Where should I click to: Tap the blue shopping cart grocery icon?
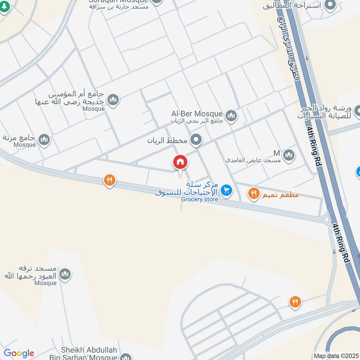point(226,191)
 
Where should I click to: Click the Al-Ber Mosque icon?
point(231,117)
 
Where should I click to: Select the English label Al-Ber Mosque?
point(197,113)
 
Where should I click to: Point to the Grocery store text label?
point(200,199)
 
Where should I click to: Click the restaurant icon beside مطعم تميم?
point(253,194)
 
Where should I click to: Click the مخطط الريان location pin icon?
point(196,140)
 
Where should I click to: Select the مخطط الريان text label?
point(167,140)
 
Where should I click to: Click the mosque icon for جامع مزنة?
point(44,140)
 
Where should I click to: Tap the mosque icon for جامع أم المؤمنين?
point(113,99)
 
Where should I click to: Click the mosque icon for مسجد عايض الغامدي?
point(289,156)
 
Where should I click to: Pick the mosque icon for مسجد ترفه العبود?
point(65,274)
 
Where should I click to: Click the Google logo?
point(19,354)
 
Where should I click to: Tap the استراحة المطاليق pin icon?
point(331,5)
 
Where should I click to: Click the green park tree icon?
point(4,8)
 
